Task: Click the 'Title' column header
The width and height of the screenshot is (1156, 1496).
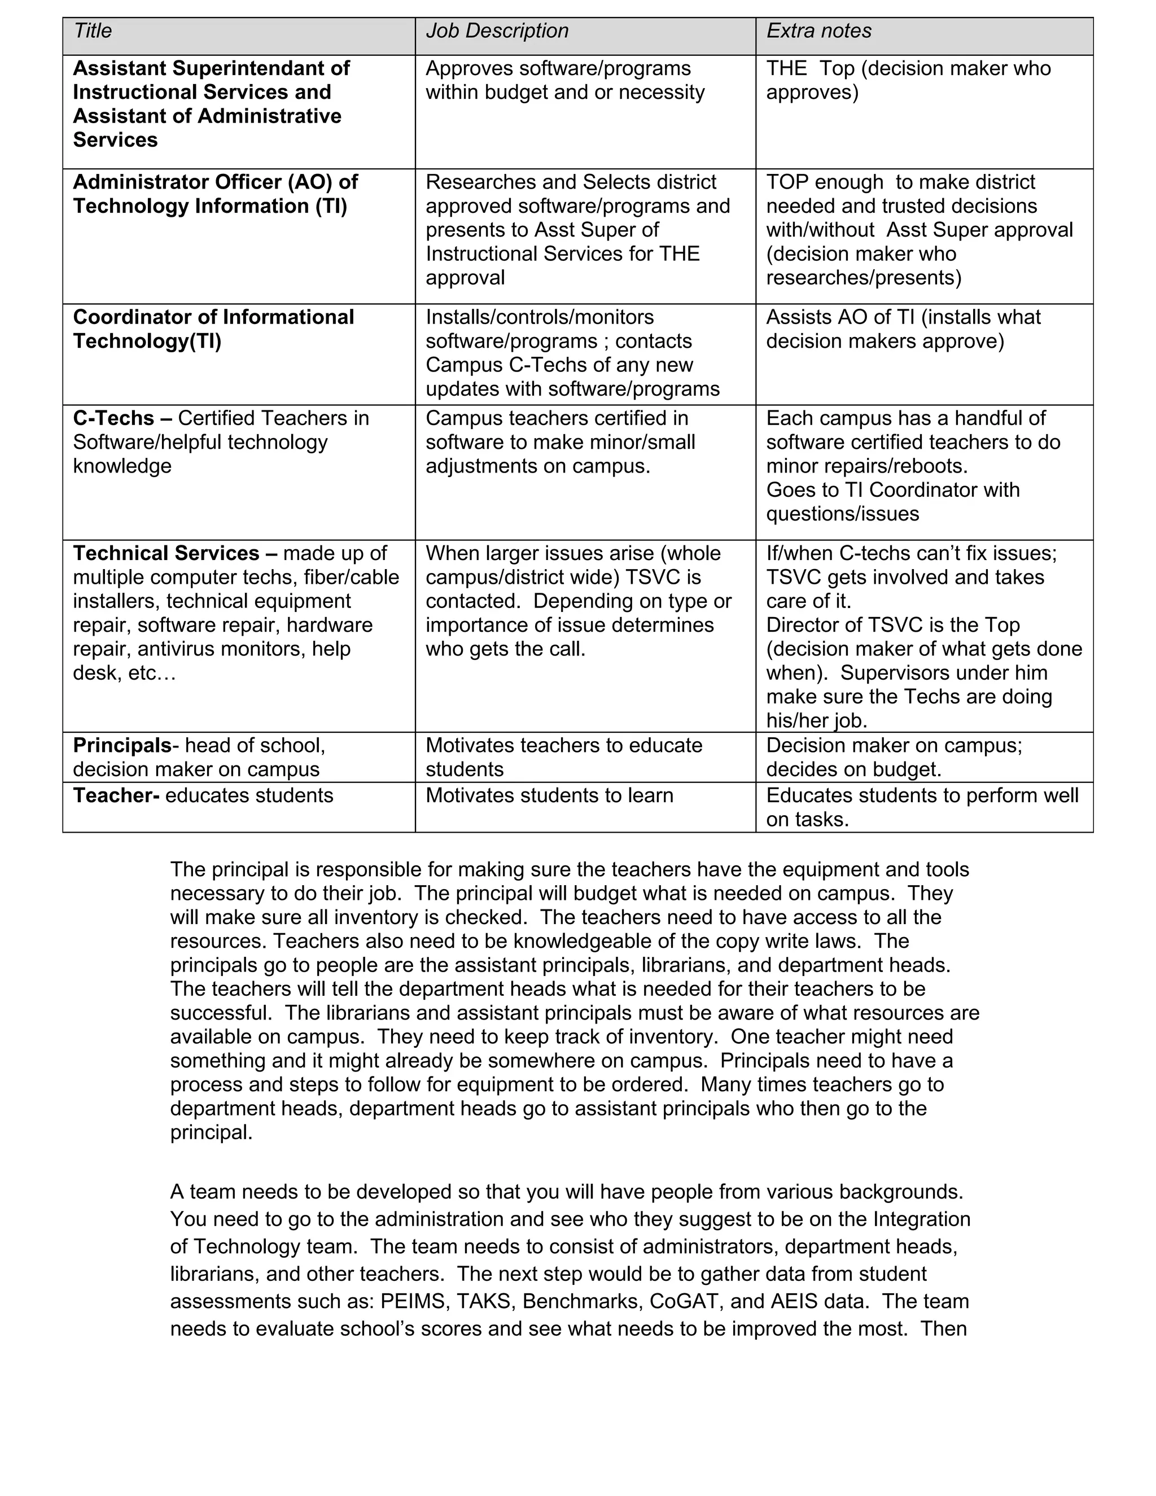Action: (93, 31)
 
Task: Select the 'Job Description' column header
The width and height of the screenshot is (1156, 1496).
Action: (497, 31)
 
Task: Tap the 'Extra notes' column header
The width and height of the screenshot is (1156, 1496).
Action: (818, 31)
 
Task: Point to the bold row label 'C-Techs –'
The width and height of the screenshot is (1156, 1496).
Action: (122, 418)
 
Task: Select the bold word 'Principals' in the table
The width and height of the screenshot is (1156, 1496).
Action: (122, 745)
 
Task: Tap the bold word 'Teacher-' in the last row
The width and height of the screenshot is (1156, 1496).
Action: (116, 796)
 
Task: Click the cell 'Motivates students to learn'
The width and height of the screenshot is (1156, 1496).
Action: (549, 796)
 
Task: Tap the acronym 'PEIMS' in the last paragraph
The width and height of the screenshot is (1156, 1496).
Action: (413, 1301)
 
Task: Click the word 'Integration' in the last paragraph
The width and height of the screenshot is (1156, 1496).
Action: (921, 1219)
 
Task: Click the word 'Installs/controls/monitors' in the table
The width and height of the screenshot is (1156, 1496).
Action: (540, 317)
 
